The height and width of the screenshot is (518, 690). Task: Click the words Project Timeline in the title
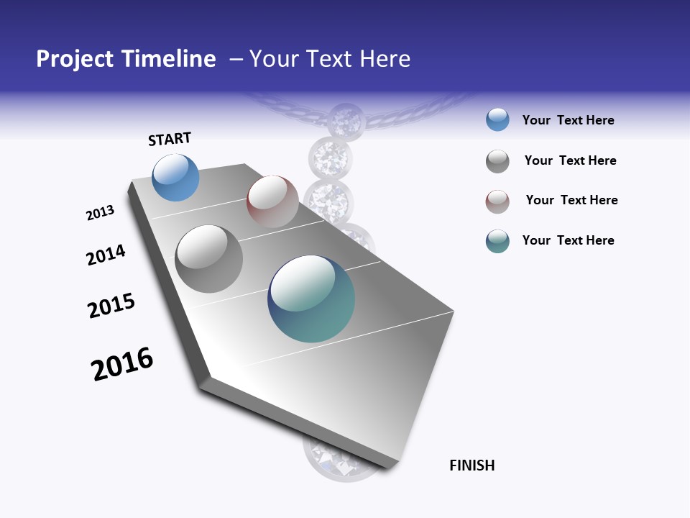[126, 59]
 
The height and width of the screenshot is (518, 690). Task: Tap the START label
[170, 139]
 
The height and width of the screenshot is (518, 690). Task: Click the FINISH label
[471, 465]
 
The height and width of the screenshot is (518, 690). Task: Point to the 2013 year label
[100, 213]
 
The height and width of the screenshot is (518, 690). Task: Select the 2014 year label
[106, 255]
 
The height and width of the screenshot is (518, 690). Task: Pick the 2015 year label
[111, 306]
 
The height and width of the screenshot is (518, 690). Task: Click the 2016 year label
[122, 364]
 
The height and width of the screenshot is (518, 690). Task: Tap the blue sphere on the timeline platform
[175, 177]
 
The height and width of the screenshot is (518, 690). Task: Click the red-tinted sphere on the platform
[272, 201]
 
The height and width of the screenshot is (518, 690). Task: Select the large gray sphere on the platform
[209, 259]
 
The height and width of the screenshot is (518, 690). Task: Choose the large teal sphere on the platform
[311, 299]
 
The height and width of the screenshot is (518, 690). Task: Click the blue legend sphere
[497, 120]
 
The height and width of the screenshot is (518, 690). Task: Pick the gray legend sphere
[497, 161]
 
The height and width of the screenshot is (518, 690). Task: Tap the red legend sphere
[497, 201]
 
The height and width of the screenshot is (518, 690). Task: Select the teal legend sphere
[497, 241]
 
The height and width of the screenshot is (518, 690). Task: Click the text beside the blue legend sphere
[568, 120]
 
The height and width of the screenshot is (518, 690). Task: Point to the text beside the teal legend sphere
[568, 240]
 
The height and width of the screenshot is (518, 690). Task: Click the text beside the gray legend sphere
[570, 160]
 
